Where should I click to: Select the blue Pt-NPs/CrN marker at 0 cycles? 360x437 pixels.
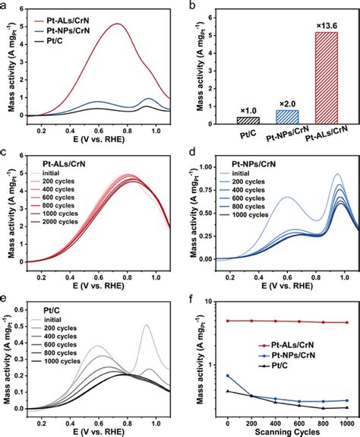click(228, 375)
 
